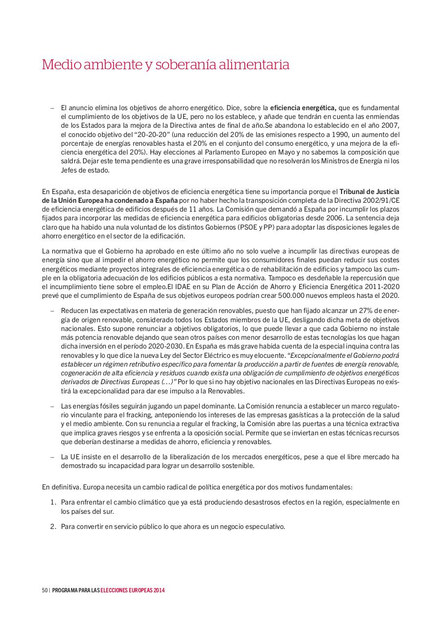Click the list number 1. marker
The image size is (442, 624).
tap(54, 502)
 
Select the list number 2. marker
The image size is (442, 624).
tap(54, 526)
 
